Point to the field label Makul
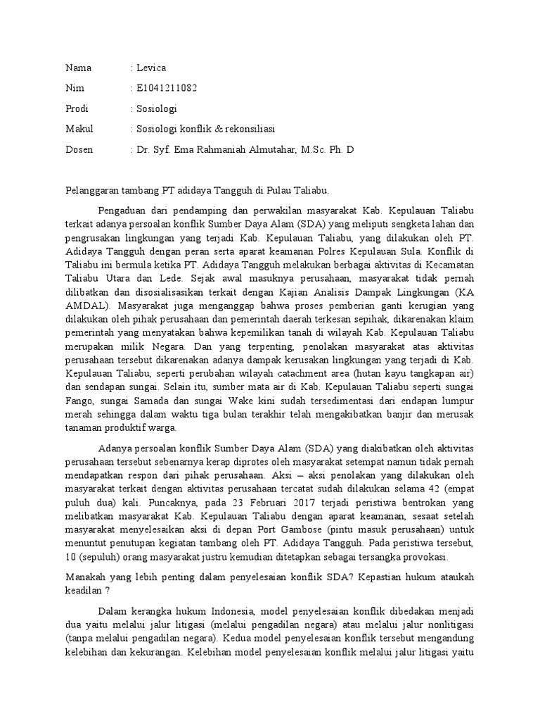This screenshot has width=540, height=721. (x=79, y=130)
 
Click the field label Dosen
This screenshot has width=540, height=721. (x=79, y=150)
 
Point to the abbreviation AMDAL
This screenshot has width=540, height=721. (x=86, y=307)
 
